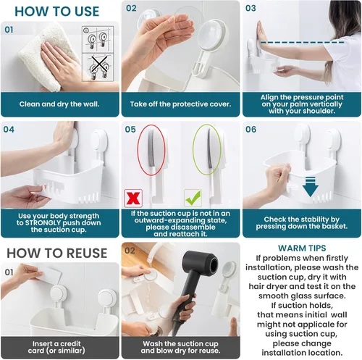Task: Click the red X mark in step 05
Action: coord(133,198)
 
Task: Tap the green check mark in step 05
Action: coord(193,198)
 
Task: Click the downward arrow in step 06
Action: coord(310,186)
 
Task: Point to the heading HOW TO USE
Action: coord(57,12)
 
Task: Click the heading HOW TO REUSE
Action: coord(57,253)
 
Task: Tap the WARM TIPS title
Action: coord(302,248)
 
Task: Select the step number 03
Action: coord(251,8)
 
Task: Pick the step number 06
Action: coord(251,130)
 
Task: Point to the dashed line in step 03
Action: coord(303,43)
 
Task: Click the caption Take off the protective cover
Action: coord(180,104)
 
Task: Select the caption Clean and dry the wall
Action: coord(59,104)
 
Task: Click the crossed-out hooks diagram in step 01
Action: coord(98,68)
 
